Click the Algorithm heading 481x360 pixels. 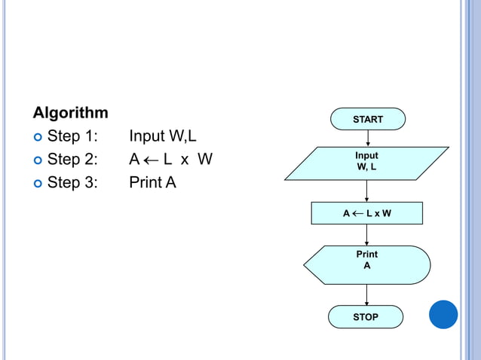pyautogui.click(x=70, y=113)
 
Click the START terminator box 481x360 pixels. pyautogui.click(x=367, y=119)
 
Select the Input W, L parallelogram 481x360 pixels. pyautogui.click(x=366, y=163)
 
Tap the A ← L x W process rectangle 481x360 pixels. pyautogui.click(x=366, y=213)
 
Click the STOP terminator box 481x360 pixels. pyautogui.click(x=366, y=317)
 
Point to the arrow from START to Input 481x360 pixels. pyautogui.click(x=367, y=139)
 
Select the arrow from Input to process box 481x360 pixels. pyautogui.click(x=367, y=191)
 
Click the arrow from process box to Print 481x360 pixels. pyautogui.click(x=367, y=235)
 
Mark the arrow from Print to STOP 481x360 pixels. pyautogui.click(x=367, y=294)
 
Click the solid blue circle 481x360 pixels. pyautogui.click(x=443, y=314)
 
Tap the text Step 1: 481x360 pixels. pyautogui.click(x=72, y=136)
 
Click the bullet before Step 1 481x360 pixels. pyautogui.click(x=37, y=137)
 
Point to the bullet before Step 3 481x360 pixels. pyautogui.click(x=37, y=182)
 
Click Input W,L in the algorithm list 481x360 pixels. pyautogui.click(x=163, y=136)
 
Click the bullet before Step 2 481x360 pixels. pyautogui.click(x=37, y=160)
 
